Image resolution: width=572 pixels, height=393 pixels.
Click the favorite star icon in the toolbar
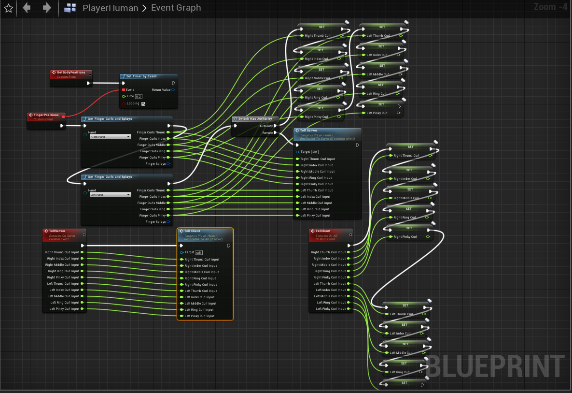click(8, 8)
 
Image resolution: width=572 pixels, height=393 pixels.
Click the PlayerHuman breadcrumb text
click(110, 8)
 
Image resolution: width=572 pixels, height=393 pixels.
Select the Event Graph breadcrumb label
click(176, 8)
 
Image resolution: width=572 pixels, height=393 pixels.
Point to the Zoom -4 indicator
click(550, 7)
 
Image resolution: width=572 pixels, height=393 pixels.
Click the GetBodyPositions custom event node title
click(70, 73)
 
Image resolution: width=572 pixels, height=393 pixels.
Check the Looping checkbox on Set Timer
click(143, 103)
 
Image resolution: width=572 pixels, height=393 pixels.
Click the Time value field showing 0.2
click(139, 96)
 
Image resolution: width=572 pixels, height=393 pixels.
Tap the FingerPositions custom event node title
click(46, 115)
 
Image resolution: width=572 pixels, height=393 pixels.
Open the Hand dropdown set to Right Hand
click(110, 137)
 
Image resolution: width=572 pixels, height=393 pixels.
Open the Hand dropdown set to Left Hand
click(110, 195)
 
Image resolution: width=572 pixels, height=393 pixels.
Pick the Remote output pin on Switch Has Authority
click(275, 132)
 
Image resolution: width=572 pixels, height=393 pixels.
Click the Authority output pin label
click(266, 126)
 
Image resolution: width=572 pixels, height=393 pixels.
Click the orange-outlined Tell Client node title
click(192, 231)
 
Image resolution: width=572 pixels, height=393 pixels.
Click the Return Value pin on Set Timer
click(173, 89)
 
